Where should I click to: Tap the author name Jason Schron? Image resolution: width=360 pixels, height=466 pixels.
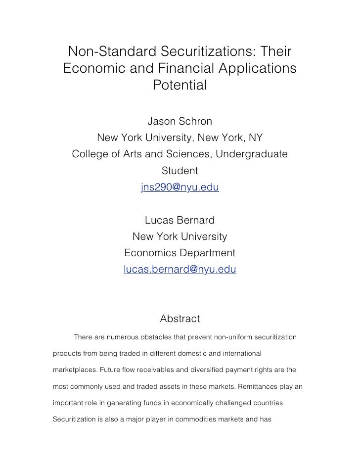(x=180, y=121)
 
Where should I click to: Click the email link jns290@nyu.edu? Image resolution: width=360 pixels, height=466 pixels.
(x=180, y=187)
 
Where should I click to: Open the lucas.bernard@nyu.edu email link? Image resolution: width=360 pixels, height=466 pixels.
(x=180, y=270)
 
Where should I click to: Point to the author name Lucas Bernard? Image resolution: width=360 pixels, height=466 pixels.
(x=180, y=220)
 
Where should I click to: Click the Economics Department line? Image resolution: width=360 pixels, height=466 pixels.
(x=180, y=253)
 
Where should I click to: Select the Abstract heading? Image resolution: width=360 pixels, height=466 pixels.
(x=180, y=319)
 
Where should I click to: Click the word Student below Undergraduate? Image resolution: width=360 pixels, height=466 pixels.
(x=180, y=171)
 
